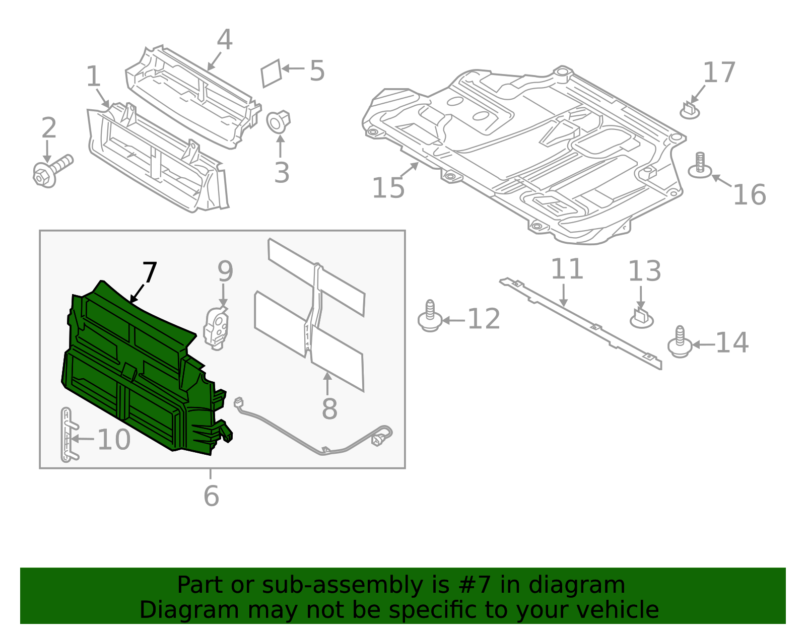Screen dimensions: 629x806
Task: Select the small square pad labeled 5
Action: click(271, 74)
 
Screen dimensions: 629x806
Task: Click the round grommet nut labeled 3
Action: click(278, 122)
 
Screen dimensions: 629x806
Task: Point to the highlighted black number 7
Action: click(150, 273)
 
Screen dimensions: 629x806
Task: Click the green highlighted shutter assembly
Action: click(141, 373)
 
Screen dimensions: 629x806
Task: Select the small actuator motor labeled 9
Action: click(217, 327)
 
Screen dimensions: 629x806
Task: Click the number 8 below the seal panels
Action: click(329, 408)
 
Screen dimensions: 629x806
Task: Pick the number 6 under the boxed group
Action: click(211, 496)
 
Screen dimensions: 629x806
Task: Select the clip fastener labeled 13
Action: click(641, 318)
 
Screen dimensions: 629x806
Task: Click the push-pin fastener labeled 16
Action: click(700, 166)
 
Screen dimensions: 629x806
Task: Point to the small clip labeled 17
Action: click(690, 110)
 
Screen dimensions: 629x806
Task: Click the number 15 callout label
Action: click(388, 188)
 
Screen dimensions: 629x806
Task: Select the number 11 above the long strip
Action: click(567, 269)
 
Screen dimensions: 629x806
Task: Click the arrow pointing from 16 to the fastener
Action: click(721, 181)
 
